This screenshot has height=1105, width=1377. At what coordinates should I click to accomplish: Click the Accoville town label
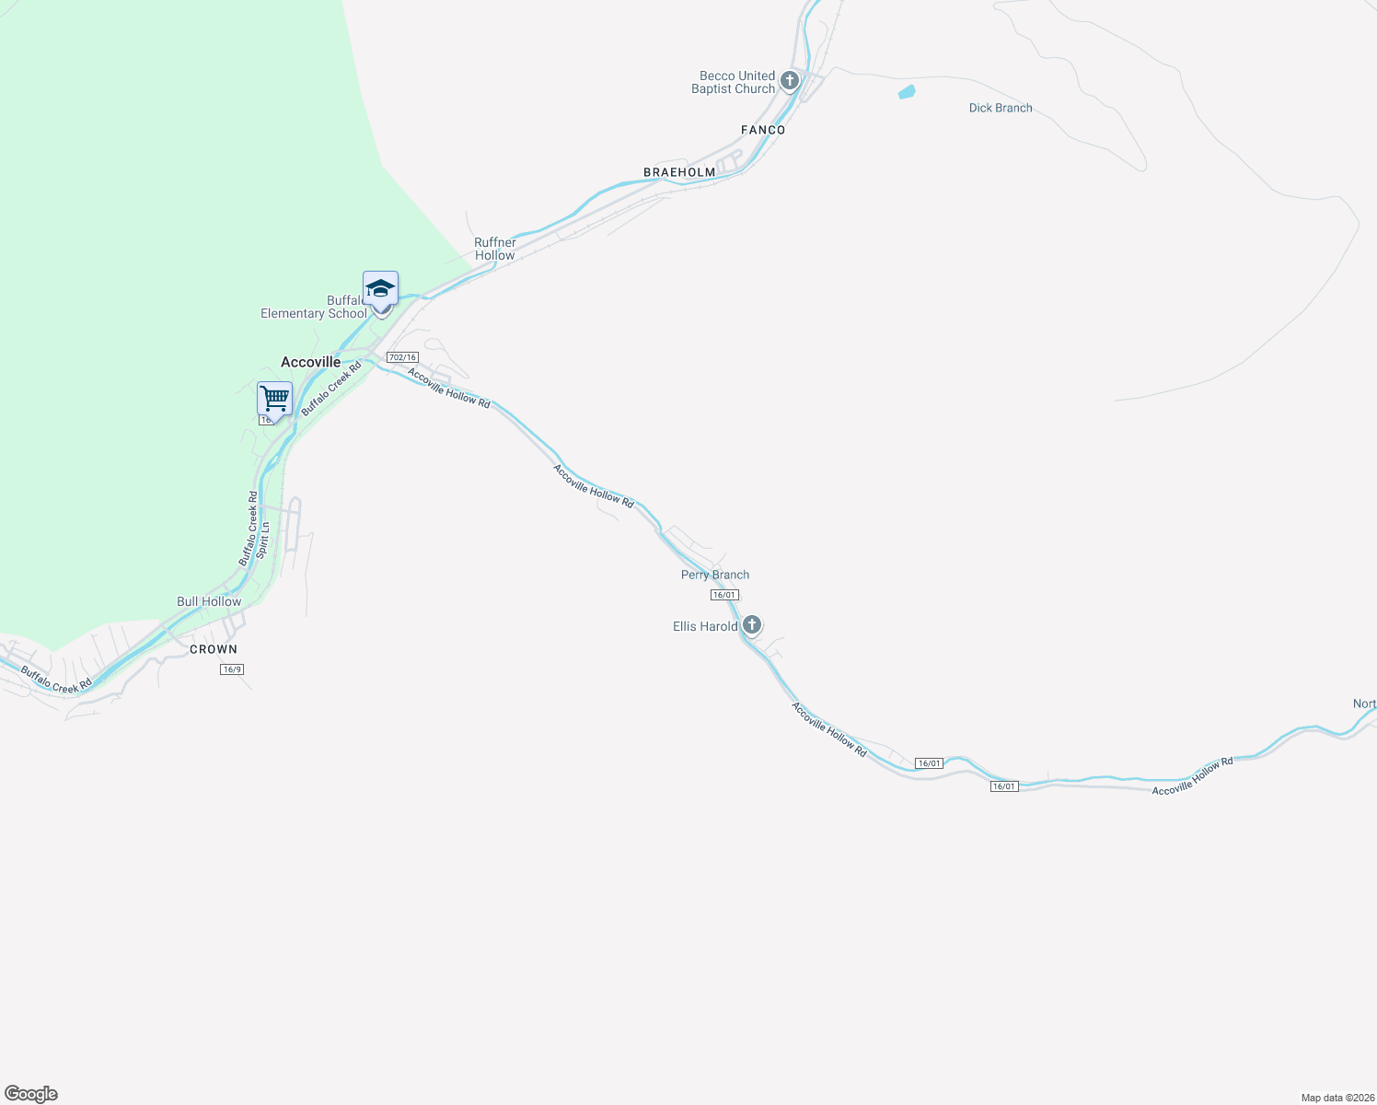coord(310,362)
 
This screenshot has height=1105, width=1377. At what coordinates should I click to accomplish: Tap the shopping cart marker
coord(274,400)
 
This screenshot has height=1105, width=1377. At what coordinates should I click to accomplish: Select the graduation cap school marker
coord(380,289)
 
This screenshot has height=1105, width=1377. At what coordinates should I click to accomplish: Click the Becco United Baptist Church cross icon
coord(789,81)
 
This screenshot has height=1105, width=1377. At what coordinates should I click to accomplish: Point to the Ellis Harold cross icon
coord(752,625)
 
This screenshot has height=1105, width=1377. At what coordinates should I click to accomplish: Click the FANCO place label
coord(763,130)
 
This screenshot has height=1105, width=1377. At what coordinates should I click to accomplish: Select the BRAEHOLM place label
coord(679,172)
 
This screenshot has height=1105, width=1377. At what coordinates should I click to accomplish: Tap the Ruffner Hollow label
coord(495,249)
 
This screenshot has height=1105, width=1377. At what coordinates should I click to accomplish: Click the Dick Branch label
coord(1001,108)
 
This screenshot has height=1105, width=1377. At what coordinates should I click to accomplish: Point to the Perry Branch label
coord(715,575)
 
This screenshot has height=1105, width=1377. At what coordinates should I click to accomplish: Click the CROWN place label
coord(214,649)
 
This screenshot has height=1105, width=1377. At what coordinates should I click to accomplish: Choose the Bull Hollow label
coord(209,601)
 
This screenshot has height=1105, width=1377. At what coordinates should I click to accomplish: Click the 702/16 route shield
coord(402,357)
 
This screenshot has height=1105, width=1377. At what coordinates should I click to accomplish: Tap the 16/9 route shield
coord(232,669)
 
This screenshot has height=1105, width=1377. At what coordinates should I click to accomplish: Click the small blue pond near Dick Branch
coord(907,92)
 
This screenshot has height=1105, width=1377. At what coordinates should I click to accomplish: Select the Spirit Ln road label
coord(263,541)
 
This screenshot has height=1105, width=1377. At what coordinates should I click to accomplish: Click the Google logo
coord(31,1094)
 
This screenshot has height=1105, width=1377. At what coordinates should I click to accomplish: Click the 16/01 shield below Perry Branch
coord(724,595)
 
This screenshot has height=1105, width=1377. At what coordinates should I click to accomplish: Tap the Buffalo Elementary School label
coord(314,308)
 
